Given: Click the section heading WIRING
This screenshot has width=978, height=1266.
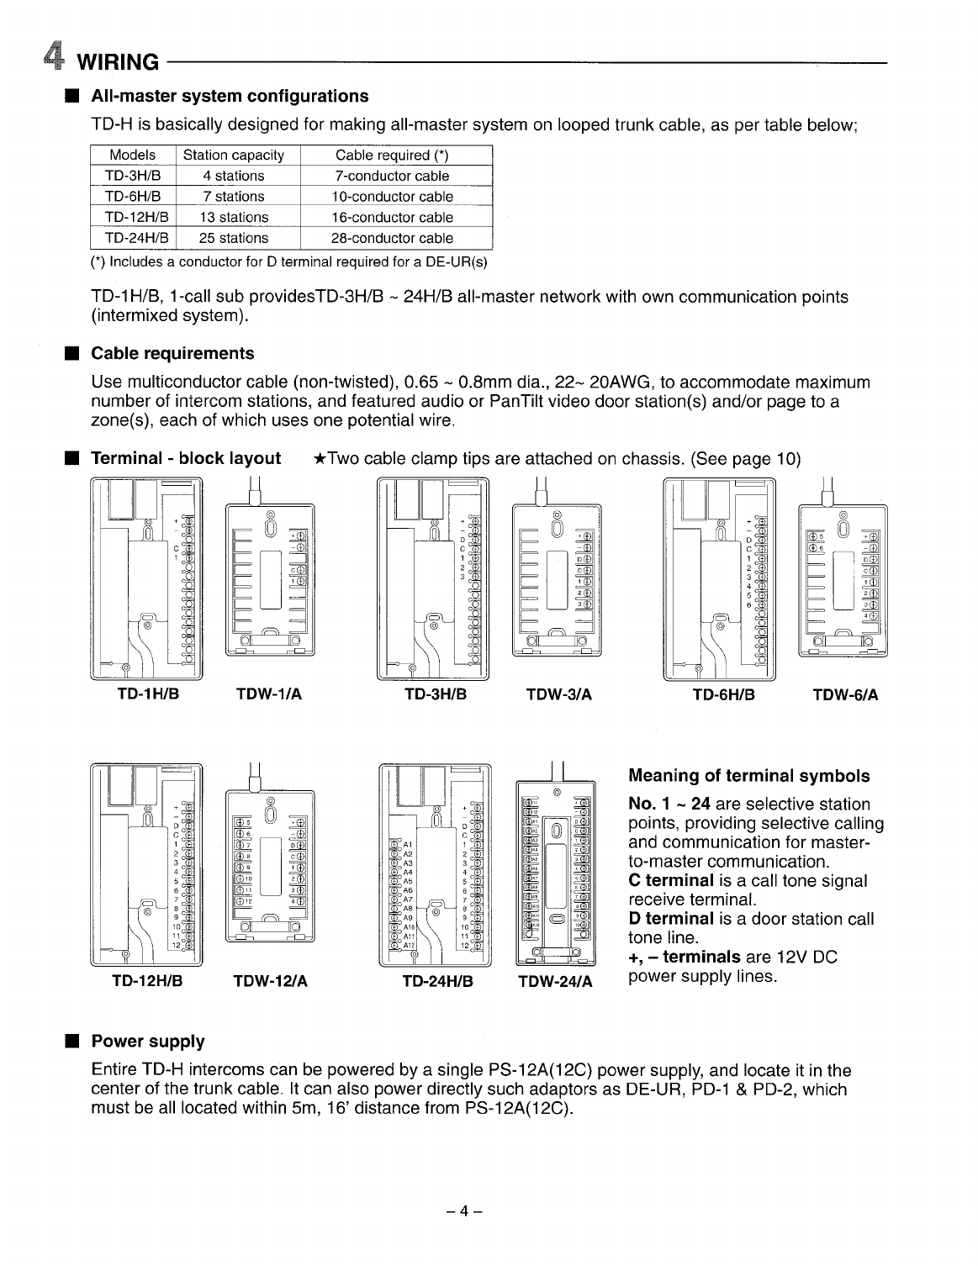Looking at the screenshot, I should coord(118,62).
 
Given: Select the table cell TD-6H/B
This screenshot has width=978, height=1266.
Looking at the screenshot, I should coord(133,197).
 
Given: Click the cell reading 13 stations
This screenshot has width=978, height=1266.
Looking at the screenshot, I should coord(234,218).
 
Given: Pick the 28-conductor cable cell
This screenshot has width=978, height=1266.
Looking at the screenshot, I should coord(392,239).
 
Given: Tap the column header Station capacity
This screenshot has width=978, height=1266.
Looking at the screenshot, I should coord(234,156).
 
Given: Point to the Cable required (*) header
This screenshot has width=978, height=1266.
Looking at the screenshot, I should coord(392,156).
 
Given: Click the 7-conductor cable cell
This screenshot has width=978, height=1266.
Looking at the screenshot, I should coord(392,177).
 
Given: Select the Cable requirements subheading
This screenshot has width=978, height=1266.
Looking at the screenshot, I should coord(172,353).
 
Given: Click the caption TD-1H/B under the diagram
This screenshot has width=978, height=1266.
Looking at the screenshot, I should coord(147,695).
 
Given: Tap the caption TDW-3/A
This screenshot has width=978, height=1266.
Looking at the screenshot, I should coord(558,695).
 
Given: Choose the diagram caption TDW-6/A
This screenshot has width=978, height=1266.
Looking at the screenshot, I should coord(846,695).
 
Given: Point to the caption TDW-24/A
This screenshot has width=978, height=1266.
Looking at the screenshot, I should coord(555,982).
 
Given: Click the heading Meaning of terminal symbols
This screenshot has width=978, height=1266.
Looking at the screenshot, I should coord(749,776).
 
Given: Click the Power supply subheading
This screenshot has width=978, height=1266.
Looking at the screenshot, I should coord(148,1042).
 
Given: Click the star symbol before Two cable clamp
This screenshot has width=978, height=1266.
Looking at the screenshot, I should coord(320,459).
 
